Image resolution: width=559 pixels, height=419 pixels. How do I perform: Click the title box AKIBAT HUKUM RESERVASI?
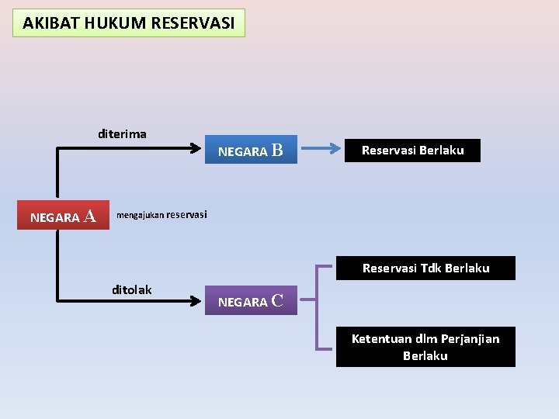(129, 23)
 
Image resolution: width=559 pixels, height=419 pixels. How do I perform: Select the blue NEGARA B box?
(251, 151)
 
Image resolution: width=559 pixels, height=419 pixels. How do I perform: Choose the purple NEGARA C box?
(251, 301)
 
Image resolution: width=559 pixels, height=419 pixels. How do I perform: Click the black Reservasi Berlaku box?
(413, 151)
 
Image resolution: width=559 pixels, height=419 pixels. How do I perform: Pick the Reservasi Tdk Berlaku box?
(425, 268)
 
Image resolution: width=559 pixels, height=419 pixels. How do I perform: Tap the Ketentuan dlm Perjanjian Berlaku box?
(425, 347)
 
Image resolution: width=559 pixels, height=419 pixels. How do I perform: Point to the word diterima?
(122, 133)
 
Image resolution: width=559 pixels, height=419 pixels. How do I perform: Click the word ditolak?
(132, 290)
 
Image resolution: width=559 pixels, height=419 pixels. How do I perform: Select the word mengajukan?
(140, 215)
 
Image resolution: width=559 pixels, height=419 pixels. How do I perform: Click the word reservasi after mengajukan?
(187, 214)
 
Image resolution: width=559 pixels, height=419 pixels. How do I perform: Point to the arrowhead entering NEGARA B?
(196, 145)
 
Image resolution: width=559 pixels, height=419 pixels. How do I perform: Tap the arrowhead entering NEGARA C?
(196, 299)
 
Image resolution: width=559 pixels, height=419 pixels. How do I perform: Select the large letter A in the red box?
(90, 216)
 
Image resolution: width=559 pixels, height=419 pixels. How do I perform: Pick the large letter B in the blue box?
(276, 150)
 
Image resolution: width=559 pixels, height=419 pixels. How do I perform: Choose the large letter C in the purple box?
(277, 300)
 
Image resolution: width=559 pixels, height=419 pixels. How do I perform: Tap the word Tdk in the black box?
(432, 268)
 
